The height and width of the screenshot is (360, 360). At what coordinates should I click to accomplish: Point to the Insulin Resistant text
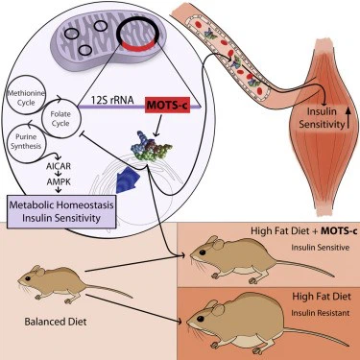310,312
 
